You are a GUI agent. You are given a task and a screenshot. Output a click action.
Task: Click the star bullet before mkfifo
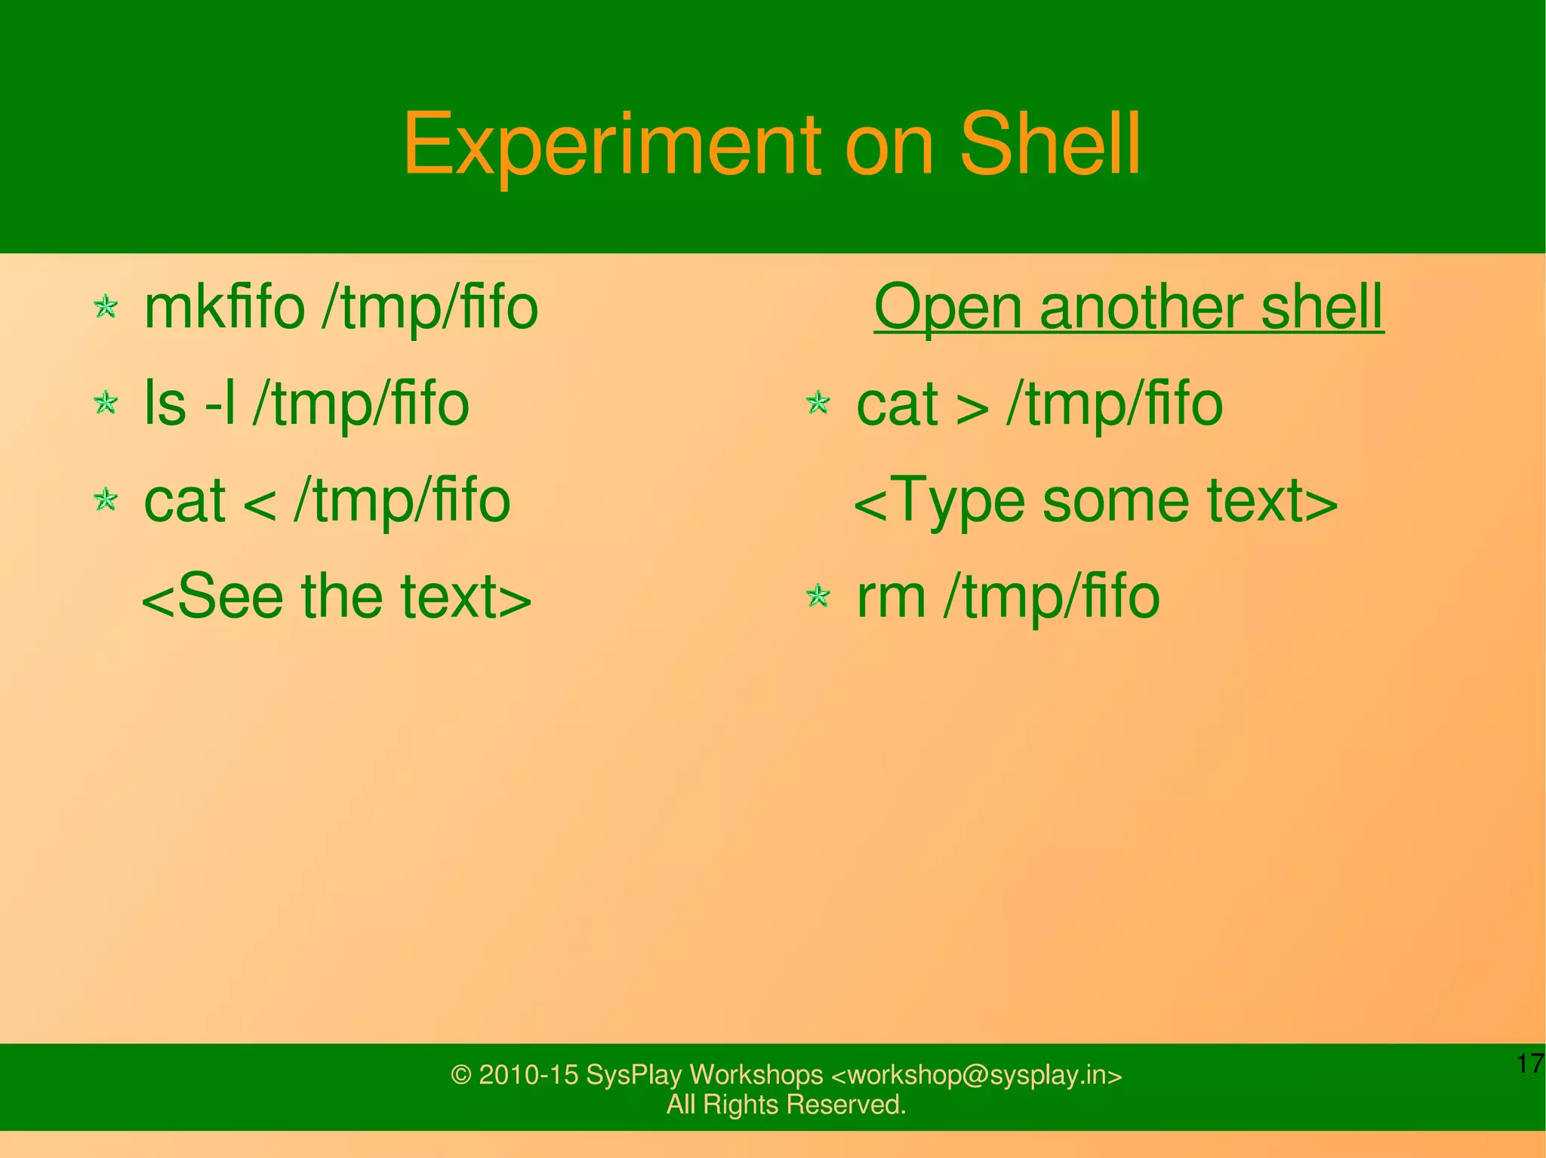[x=106, y=307]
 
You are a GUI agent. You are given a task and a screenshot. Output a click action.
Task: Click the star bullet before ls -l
[x=106, y=403]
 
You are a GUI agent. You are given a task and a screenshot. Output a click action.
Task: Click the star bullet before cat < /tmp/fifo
[x=106, y=499]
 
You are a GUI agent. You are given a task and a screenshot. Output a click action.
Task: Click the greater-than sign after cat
[x=973, y=407]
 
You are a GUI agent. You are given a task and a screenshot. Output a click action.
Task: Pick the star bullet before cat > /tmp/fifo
[x=818, y=403]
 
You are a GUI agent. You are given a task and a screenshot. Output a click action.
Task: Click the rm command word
[x=891, y=597]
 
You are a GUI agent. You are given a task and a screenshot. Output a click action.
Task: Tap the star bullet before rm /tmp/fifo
[x=818, y=597]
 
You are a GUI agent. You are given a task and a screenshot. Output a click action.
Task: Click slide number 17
[x=1529, y=1064]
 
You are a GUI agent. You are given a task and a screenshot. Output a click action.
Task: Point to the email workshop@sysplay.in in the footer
[x=977, y=1074]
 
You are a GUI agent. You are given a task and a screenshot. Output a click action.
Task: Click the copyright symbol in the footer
[x=460, y=1075]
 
